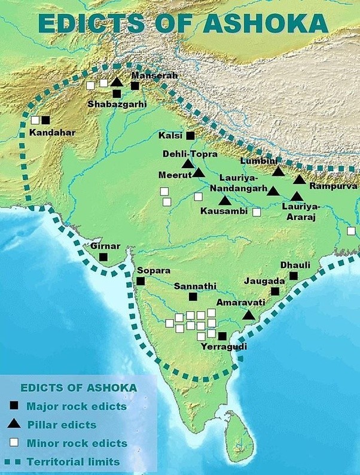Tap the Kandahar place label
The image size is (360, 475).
53,132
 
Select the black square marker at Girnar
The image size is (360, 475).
103,257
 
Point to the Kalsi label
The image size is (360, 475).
170,136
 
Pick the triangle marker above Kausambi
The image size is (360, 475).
224,201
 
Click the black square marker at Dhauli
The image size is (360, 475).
294,276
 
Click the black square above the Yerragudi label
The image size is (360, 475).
222,336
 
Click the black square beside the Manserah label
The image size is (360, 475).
135,86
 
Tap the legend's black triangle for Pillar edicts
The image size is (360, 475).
13,425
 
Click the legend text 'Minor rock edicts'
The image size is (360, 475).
77,443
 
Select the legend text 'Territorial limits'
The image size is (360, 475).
73,462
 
